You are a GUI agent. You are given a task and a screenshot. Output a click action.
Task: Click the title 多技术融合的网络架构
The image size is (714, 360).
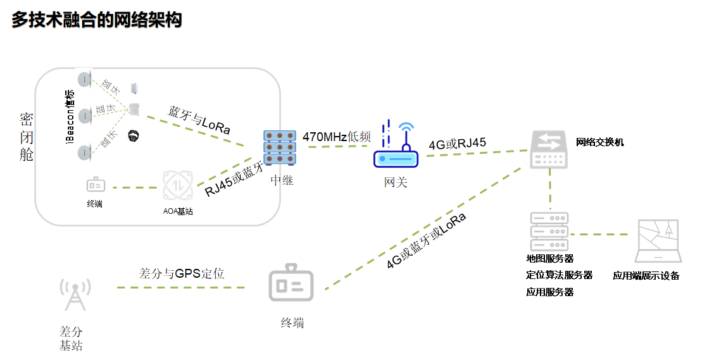[x=97, y=20]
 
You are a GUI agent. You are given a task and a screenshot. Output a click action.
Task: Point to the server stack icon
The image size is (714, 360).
[x=549, y=231]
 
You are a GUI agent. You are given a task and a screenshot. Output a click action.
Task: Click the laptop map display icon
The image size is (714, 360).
[x=658, y=241]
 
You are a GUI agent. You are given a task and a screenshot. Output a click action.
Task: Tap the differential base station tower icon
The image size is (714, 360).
[x=73, y=294]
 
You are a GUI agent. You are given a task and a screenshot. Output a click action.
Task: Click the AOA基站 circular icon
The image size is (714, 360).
[x=177, y=186]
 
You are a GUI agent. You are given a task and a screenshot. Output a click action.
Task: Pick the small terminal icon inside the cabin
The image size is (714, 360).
[x=96, y=185]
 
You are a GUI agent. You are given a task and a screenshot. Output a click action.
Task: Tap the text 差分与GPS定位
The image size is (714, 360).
[x=182, y=274]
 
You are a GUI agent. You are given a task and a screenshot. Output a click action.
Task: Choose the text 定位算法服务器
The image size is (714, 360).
[x=559, y=275]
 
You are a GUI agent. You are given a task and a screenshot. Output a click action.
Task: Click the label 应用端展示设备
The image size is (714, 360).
[x=646, y=276]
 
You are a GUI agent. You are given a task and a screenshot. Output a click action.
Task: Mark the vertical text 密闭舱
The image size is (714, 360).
[x=26, y=137]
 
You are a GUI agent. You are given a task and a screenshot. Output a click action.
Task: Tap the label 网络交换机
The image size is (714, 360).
[x=599, y=142]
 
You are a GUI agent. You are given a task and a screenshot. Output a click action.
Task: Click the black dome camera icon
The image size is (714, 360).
[x=134, y=135]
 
